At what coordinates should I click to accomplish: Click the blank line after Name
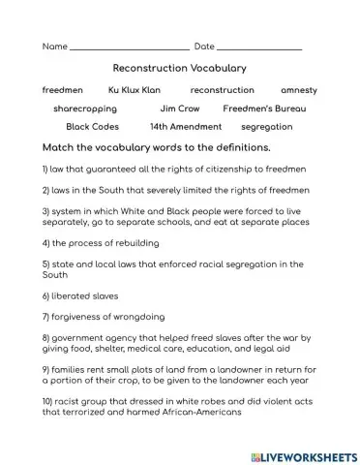(130, 46)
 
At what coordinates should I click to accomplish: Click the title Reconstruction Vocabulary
(180, 69)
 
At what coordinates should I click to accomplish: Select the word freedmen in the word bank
(63, 90)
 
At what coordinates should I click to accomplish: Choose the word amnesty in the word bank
(298, 90)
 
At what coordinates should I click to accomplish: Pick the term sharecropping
(85, 108)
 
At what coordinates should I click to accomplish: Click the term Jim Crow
(180, 108)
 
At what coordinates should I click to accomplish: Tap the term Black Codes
(92, 127)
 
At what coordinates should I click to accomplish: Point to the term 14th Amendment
(186, 127)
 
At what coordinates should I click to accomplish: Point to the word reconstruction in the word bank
(222, 90)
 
